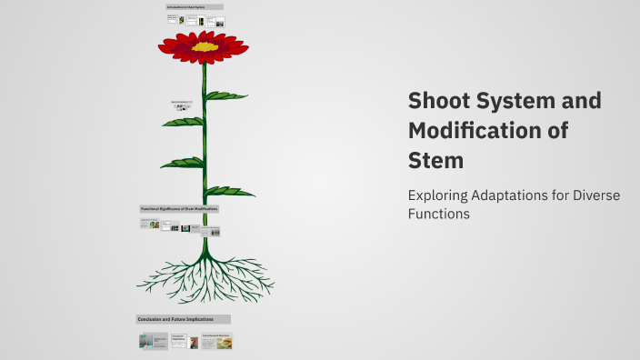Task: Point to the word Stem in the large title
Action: pyautogui.click(x=436, y=160)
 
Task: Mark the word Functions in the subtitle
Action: pyautogui.click(x=439, y=215)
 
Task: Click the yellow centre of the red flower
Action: pyautogui.click(x=205, y=45)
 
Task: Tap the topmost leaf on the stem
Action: pyautogui.click(x=227, y=95)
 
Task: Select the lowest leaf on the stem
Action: pyautogui.click(x=231, y=191)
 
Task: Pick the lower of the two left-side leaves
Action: pyautogui.click(x=181, y=163)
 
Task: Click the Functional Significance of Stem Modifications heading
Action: pyautogui.click(x=179, y=208)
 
